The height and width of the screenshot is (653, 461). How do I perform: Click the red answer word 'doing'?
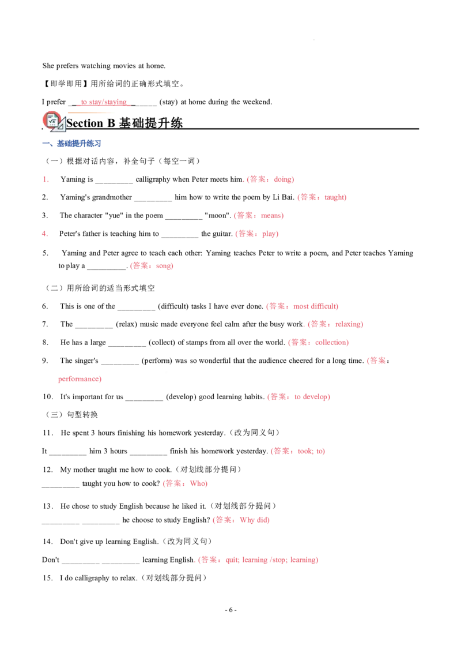(x=282, y=179)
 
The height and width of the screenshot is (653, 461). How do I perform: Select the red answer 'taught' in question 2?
(x=334, y=197)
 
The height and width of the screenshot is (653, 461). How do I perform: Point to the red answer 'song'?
(x=163, y=266)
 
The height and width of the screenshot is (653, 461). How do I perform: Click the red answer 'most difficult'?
(x=315, y=306)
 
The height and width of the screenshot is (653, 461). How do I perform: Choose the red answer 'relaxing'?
(x=348, y=324)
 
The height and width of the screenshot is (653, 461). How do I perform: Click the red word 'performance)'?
(x=80, y=379)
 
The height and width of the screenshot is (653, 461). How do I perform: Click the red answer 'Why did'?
(x=254, y=520)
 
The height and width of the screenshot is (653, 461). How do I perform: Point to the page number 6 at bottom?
(x=231, y=610)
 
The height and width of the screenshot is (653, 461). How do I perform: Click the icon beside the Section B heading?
(x=54, y=121)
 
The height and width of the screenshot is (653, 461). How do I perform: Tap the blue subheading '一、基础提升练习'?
(x=71, y=144)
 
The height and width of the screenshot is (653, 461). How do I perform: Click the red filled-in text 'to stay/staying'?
(x=104, y=102)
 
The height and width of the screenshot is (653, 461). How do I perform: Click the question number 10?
(x=48, y=397)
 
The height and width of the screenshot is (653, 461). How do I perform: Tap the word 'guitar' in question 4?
(x=222, y=234)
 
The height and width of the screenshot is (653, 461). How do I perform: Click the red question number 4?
(x=44, y=234)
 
